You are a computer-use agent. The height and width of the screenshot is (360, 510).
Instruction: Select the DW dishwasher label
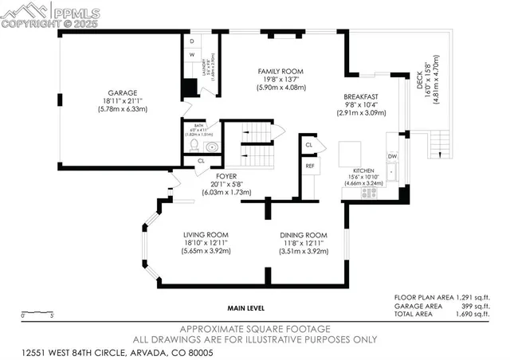click(x=392, y=157)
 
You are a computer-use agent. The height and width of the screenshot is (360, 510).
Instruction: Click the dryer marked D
click(x=192, y=41)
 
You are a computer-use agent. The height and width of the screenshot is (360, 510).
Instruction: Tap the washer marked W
click(x=192, y=54)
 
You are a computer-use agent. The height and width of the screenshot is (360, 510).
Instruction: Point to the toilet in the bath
click(x=210, y=147)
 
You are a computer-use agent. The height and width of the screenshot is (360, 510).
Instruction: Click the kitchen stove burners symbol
click(x=369, y=192)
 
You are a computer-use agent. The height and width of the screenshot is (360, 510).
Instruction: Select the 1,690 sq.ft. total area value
click(x=473, y=315)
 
